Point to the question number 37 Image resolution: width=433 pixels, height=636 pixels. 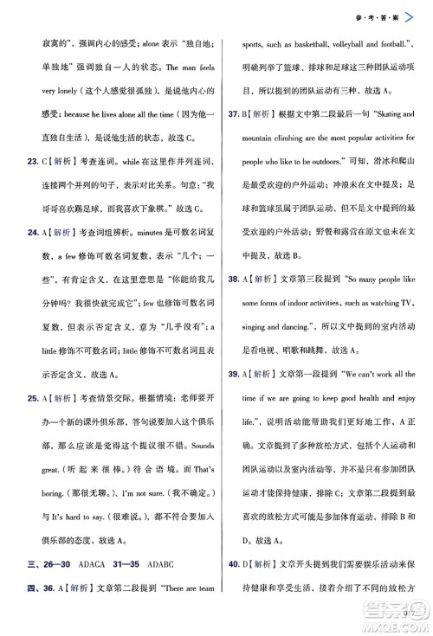pyautogui.click(x=234, y=112)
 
